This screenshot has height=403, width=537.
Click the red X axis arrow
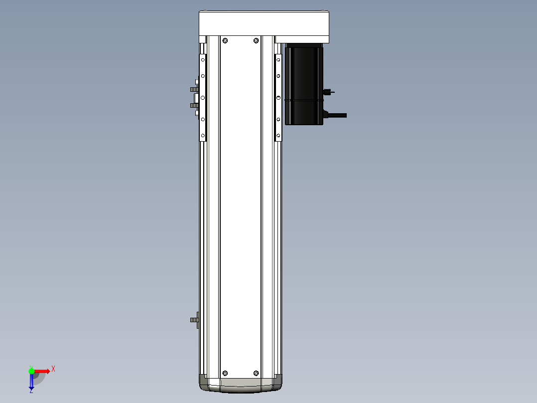42,371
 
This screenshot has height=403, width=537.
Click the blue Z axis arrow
31,382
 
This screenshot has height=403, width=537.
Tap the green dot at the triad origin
31,371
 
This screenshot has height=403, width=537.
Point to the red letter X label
53,369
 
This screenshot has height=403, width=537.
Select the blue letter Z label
31,392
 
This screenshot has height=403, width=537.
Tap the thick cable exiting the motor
336,115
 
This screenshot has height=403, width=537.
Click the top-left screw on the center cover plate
225,40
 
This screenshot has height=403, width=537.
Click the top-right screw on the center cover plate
256,40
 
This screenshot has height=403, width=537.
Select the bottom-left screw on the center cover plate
225,373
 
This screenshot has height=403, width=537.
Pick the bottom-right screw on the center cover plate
256,373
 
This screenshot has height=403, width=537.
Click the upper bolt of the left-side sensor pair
194,89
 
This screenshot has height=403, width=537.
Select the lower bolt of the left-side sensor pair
194,105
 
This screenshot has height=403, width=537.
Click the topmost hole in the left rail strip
203,60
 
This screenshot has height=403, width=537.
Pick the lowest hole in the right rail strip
278,135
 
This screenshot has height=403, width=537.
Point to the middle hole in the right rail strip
278,97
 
